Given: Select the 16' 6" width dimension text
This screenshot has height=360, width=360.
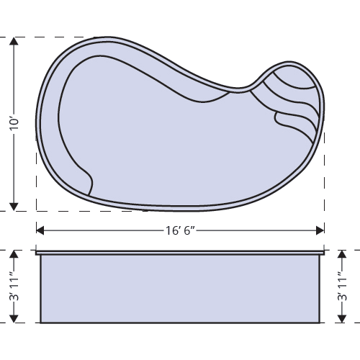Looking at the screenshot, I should (x=179, y=230).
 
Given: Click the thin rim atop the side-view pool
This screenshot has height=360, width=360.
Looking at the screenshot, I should (x=179, y=253).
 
